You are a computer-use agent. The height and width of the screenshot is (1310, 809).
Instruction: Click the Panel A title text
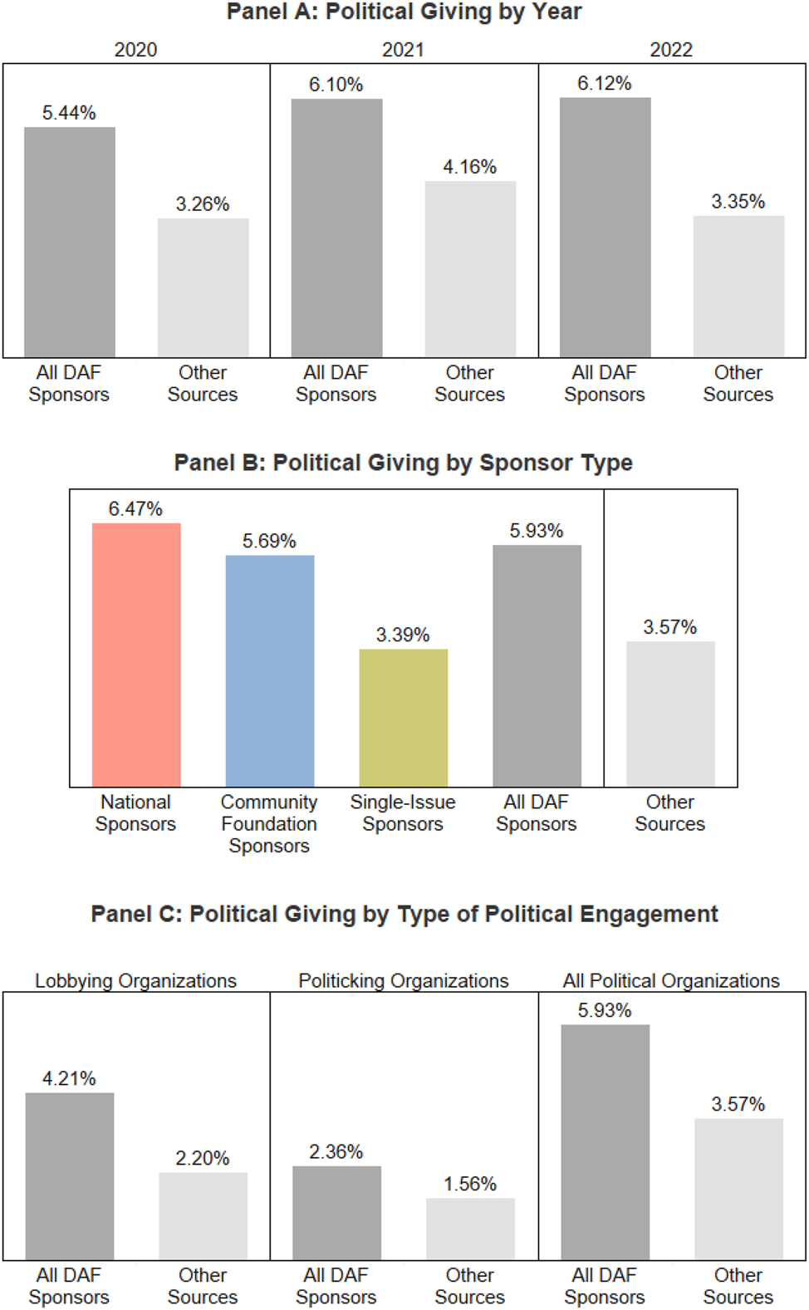click(404, 12)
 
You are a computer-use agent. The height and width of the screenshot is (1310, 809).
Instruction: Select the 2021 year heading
click(403, 50)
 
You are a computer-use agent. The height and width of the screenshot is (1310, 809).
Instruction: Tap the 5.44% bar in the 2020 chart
click(70, 242)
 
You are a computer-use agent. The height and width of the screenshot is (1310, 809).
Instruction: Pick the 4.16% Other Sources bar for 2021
click(470, 269)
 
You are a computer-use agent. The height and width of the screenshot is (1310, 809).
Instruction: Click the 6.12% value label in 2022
click(604, 83)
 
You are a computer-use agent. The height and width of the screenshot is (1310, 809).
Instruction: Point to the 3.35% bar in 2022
click(738, 287)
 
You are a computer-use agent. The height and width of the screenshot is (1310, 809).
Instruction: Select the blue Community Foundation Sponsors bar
click(270, 670)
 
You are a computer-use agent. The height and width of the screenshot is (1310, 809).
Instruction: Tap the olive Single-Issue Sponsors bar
click(403, 718)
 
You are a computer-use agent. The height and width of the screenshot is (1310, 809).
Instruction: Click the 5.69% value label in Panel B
click(269, 541)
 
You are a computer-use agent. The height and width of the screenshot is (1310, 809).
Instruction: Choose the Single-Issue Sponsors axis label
click(403, 812)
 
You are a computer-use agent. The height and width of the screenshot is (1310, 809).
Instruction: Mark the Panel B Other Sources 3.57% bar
click(670, 714)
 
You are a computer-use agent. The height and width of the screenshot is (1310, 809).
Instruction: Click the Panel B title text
click(403, 463)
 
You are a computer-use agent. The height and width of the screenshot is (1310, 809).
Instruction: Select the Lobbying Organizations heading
click(135, 980)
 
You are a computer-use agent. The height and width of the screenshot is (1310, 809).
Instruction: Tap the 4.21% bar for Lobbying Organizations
click(70, 1175)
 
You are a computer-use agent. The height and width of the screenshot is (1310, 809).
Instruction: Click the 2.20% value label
click(203, 1158)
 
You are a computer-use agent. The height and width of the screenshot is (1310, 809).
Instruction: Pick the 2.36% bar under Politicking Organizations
click(336, 1213)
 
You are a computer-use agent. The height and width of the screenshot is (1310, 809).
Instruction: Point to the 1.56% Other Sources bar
click(470, 1229)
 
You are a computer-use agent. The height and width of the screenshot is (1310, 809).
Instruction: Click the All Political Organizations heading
click(671, 980)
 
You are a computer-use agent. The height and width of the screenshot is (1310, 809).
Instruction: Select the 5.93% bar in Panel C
click(605, 1141)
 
